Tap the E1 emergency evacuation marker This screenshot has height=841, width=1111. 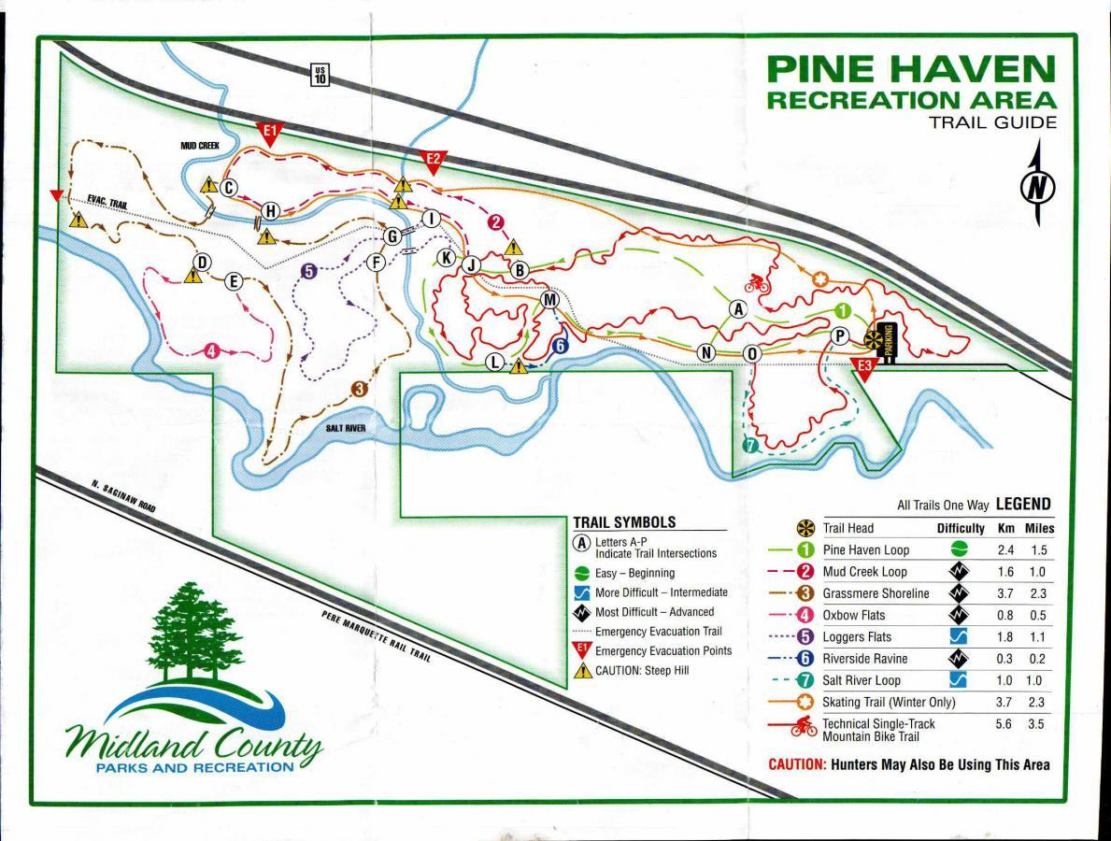(269, 132)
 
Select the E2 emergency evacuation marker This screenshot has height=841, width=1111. (434, 160)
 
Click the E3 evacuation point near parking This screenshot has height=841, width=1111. (864, 367)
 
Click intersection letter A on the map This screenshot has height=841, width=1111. (738, 308)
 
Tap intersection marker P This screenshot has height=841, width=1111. (839, 335)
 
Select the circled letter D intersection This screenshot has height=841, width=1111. (201, 263)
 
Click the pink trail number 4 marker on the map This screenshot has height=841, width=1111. (211, 351)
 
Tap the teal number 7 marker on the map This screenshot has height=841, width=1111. (748, 446)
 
